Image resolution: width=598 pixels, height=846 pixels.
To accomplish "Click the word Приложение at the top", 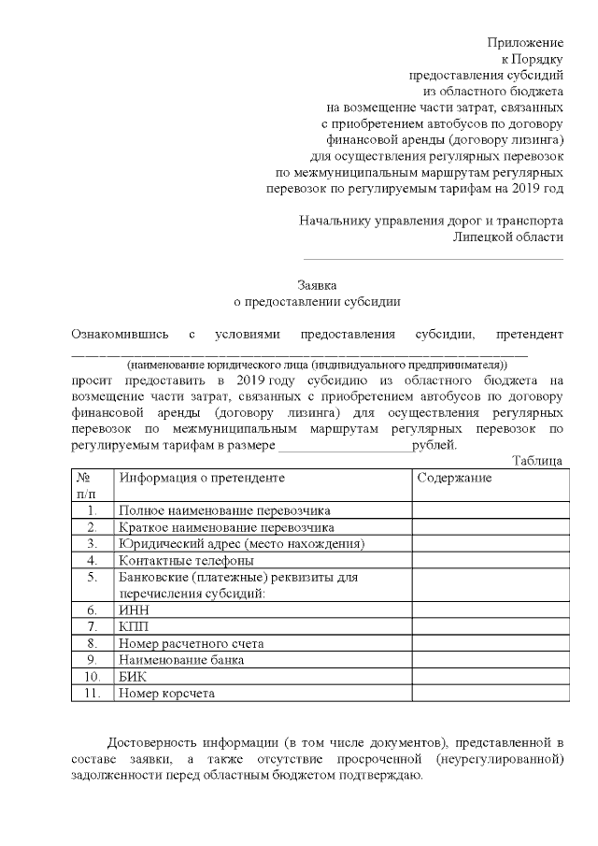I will click(526, 42).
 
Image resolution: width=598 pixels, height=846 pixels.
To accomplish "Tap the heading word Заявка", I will click(317, 285).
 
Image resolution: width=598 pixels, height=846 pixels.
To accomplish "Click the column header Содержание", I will click(454, 478).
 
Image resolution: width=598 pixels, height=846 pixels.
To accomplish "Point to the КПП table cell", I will click(134, 627).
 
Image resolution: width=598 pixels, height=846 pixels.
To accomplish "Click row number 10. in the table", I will click(92, 677).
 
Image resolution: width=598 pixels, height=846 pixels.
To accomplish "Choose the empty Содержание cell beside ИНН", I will click(489, 610).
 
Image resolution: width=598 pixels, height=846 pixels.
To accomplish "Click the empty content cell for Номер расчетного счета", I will click(489, 644).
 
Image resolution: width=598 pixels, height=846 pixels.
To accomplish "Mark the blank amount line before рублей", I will click(345, 448).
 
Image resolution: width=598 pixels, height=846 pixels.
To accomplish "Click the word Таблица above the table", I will click(538, 460).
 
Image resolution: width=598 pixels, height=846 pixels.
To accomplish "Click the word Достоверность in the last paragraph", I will click(152, 743).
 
